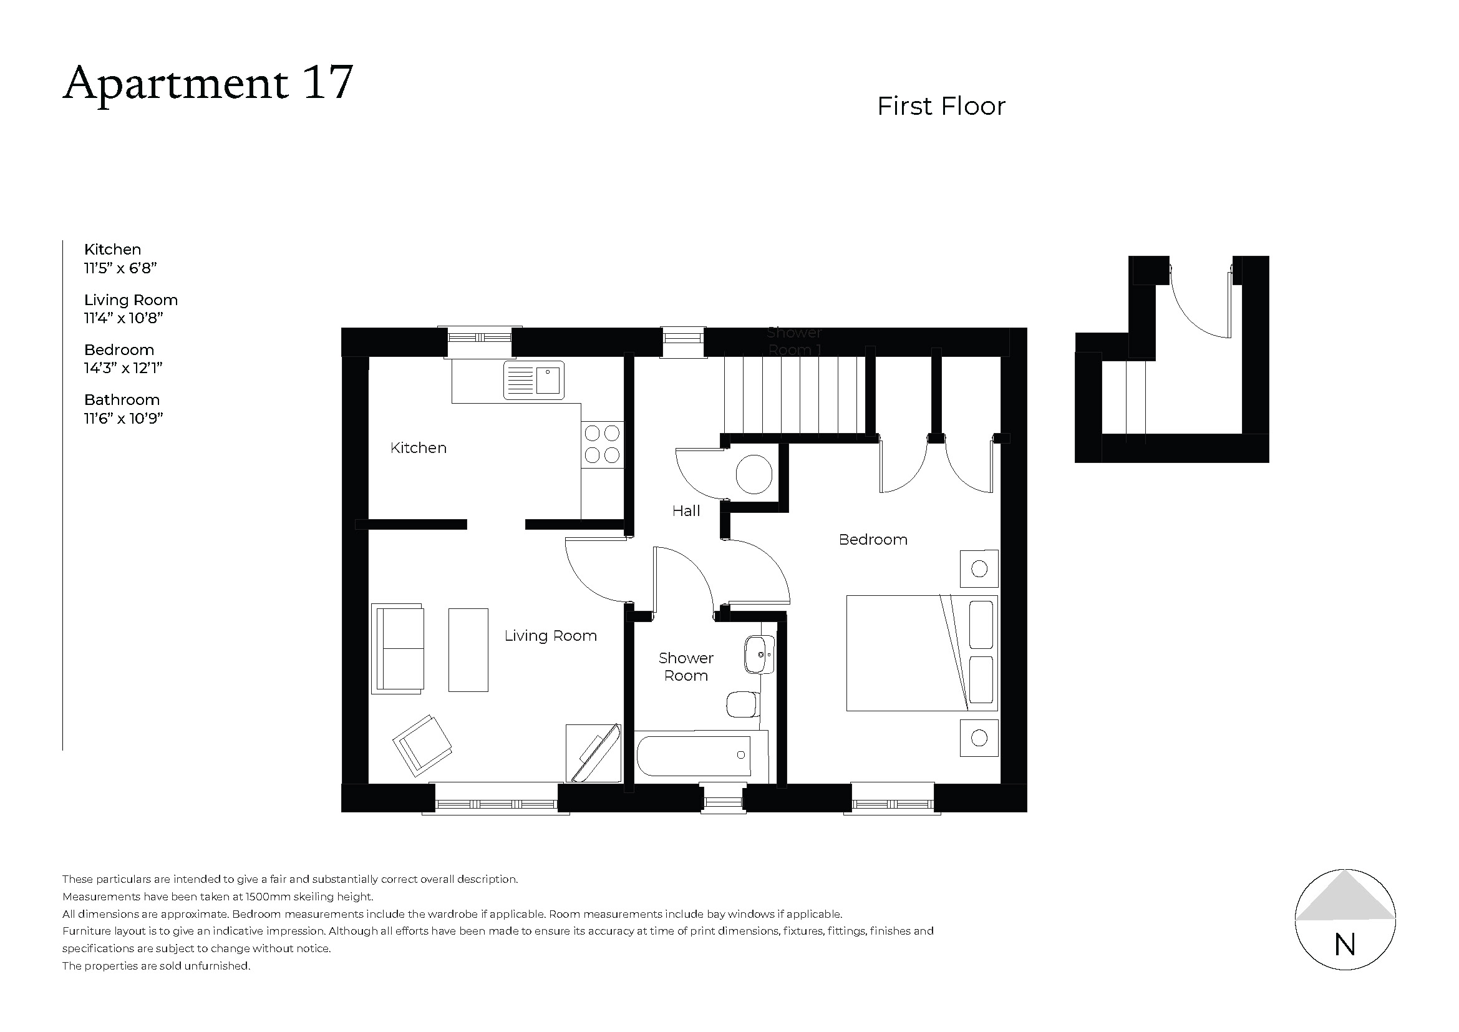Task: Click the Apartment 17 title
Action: [x=208, y=82]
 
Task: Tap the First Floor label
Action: [x=941, y=106]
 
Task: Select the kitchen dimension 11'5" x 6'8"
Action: [x=120, y=268]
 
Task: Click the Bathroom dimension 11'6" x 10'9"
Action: [x=124, y=418]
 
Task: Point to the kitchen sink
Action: [x=534, y=380]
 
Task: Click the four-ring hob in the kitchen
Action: [x=602, y=444]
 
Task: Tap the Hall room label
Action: [x=686, y=510]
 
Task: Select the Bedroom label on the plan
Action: [x=873, y=540]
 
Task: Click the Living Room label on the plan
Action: [x=550, y=635]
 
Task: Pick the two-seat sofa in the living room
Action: [x=399, y=648]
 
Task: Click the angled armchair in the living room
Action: [x=422, y=746]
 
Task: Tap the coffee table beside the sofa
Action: [x=468, y=650]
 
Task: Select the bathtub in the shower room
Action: [x=694, y=755]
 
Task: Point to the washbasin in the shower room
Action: [x=758, y=654]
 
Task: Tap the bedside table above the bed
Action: [x=979, y=569]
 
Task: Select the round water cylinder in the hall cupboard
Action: [x=754, y=474]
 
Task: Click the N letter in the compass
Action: [x=1345, y=945]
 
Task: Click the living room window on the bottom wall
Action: [x=497, y=804]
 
